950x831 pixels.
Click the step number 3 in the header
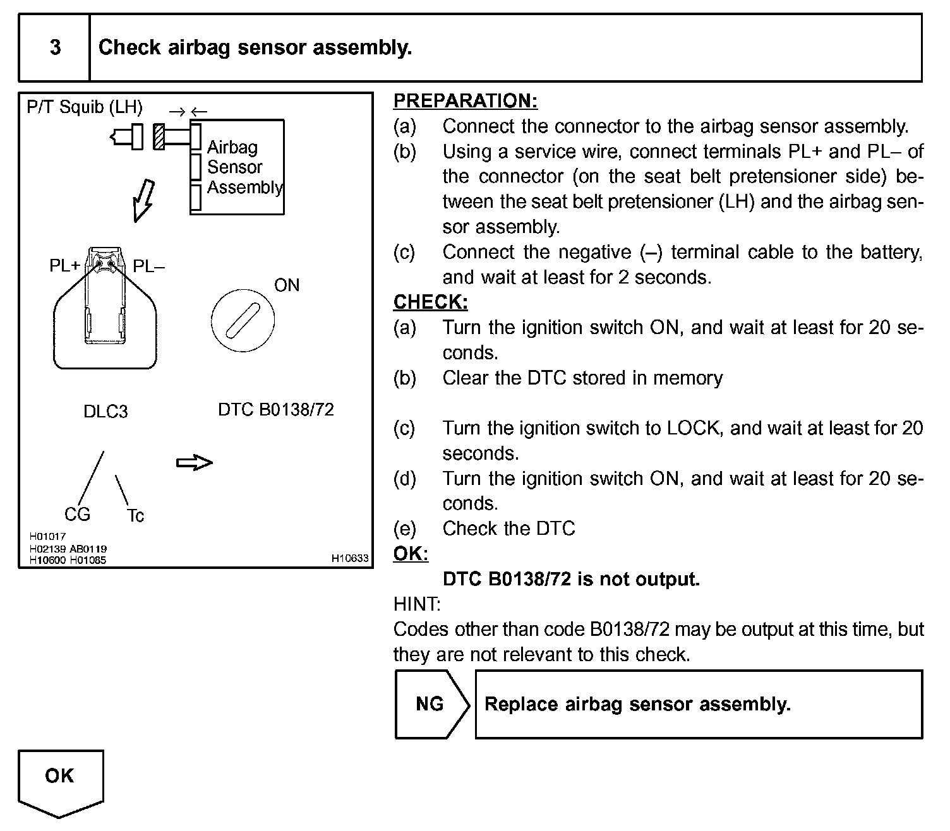tap(56, 47)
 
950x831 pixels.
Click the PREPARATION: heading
tap(466, 101)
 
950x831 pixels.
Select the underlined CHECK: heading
tap(430, 302)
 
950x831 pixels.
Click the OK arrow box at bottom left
tap(60, 780)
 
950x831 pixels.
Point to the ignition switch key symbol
tap(243, 320)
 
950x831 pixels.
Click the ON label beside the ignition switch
tap(287, 285)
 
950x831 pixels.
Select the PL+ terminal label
tap(65, 266)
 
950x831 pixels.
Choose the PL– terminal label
tap(148, 266)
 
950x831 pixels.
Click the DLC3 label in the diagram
tap(105, 412)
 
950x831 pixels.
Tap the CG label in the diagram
tap(77, 515)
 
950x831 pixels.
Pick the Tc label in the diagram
tap(135, 516)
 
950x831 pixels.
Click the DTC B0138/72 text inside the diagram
tap(275, 410)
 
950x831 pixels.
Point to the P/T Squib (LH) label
tap(85, 107)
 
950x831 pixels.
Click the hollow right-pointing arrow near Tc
tap(194, 463)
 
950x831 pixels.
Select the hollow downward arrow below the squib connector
tap(143, 200)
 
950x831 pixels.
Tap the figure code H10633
tap(350, 558)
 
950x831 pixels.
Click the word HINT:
tap(417, 604)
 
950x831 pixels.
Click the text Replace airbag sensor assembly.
tap(637, 704)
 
